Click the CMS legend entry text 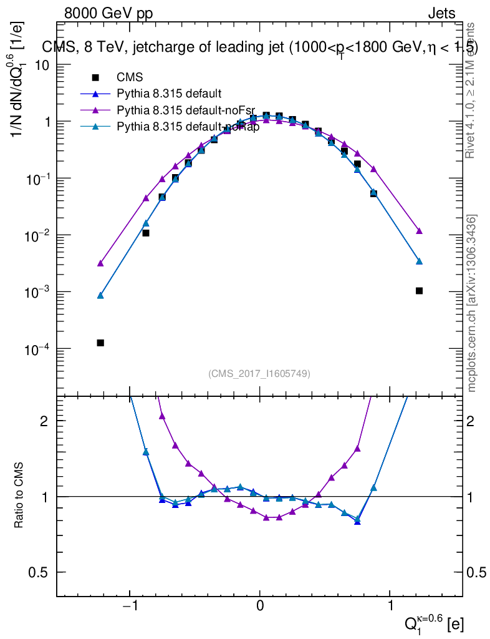tap(130, 77)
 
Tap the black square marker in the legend tap(95, 77)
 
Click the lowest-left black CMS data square tap(100, 343)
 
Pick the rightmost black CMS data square tap(419, 291)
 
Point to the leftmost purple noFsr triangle tap(100, 263)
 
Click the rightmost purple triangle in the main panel tap(419, 231)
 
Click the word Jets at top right tap(441, 14)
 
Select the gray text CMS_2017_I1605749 tap(259, 373)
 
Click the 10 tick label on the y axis tap(41, 65)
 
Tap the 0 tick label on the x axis tap(259, 606)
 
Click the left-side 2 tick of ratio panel tap(45, 421)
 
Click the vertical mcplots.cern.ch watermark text tap(473, 303)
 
